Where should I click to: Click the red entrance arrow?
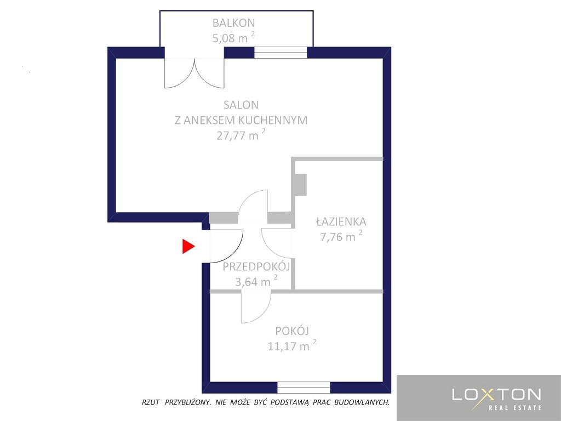pos(188,246)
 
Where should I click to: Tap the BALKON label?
pos(233,23)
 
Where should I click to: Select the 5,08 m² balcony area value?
pos(233,38)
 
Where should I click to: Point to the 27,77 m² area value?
pos(241,135)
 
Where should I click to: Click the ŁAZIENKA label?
pos(341,221)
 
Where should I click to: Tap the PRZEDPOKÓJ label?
pos(256,267)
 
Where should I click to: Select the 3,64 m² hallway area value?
pos(256,281)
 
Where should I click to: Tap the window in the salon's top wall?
pos(280,53)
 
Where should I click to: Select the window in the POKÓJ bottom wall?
pos(304,388)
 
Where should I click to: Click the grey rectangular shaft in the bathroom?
pos(300,185)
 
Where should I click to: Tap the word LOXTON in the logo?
pos(496,395)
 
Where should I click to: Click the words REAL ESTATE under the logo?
pos(515,408)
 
